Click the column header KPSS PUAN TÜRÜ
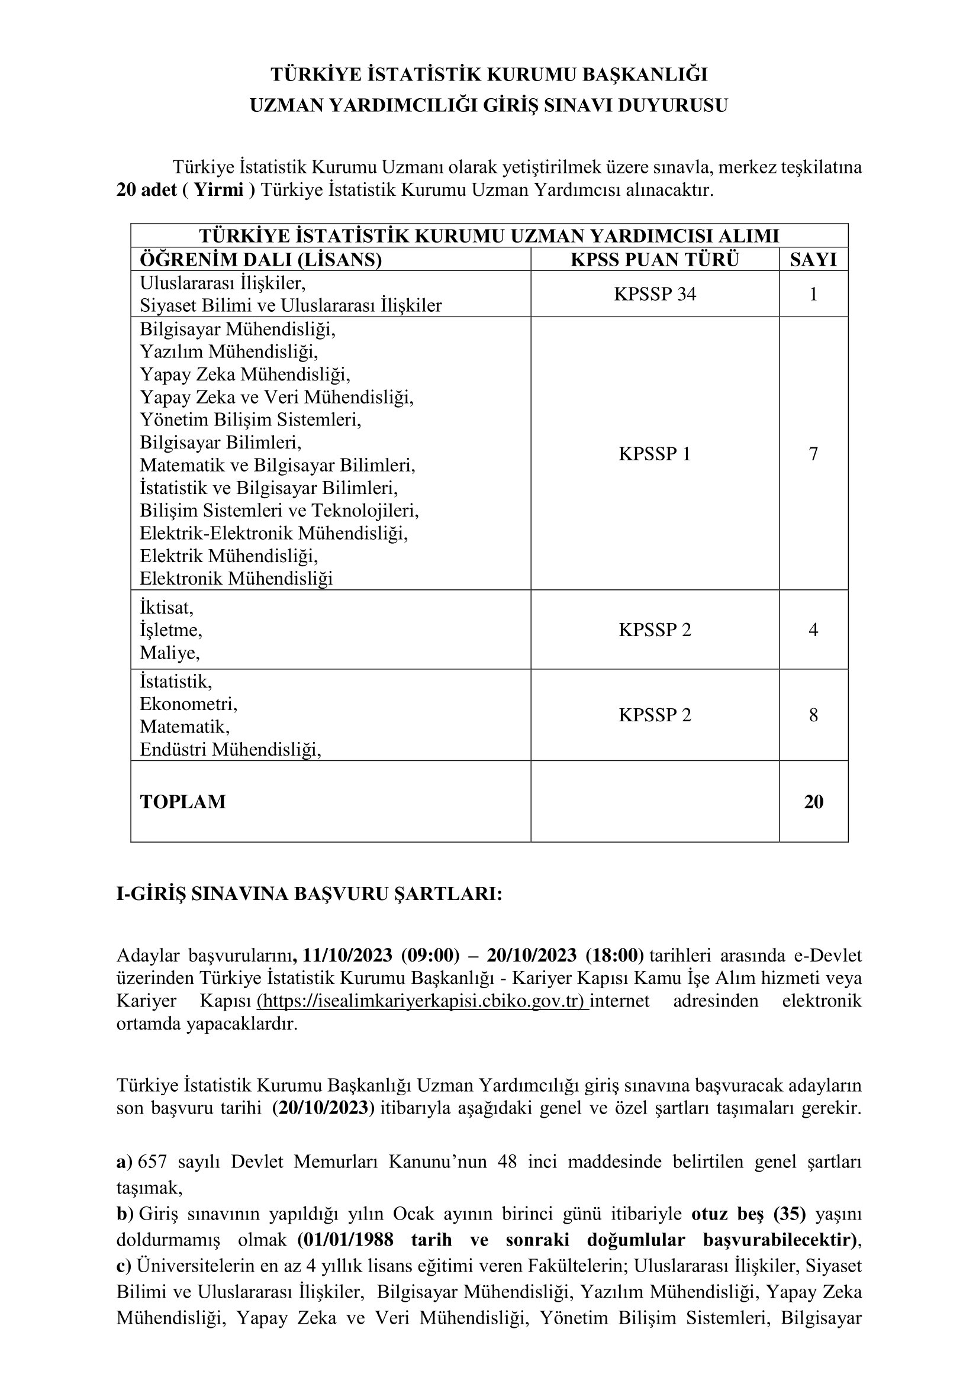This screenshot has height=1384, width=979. point(654,259)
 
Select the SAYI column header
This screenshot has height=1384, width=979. point(813,259)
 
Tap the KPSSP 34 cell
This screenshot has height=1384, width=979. point(655,294)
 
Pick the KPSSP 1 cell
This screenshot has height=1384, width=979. point(655,453)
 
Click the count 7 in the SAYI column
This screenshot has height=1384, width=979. point(813,453)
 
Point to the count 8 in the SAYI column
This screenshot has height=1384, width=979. point(813,715)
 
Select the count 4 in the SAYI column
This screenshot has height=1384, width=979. point(813,630)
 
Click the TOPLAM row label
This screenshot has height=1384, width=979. point(183,802)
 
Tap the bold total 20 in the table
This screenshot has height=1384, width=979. point(813,802)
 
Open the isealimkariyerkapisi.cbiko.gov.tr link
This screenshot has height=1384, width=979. point(422,1001)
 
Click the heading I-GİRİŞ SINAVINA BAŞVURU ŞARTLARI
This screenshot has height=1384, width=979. point(308,894)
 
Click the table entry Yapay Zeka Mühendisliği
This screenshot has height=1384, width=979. point(245,375)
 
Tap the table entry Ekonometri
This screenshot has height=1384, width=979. point(188,704)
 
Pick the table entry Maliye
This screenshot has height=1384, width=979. point(169,653)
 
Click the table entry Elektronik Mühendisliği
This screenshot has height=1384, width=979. point(236,579)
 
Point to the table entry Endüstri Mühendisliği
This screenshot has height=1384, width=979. point(230,749)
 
